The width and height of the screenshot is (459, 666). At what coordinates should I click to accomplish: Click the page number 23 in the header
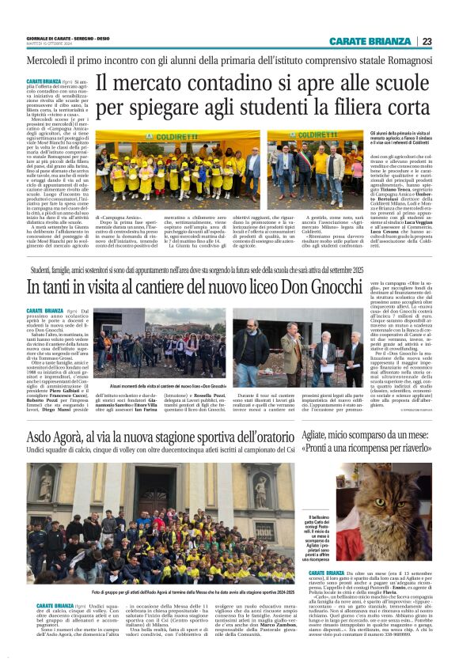tap(427, 41)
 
